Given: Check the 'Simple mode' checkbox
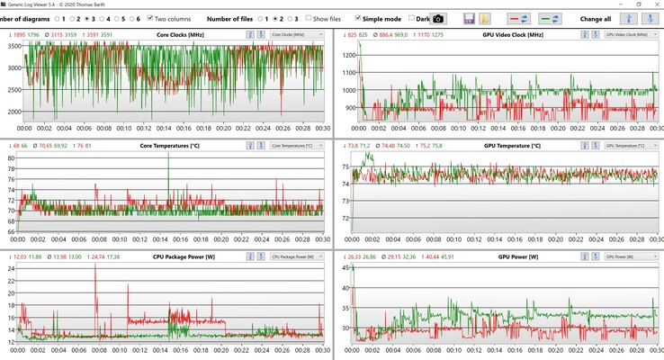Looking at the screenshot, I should click(x=359, y=18).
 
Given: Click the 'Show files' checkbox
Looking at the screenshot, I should click(x=308, y=18).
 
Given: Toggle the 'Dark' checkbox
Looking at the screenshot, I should click(x=412, y=18).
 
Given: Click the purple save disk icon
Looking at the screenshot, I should click(x=469, y=18).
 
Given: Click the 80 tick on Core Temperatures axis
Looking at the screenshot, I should click(x=13, y=158).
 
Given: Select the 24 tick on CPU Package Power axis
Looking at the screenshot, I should click(x=13, y=269).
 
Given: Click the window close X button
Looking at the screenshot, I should click(x=651, y=4).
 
